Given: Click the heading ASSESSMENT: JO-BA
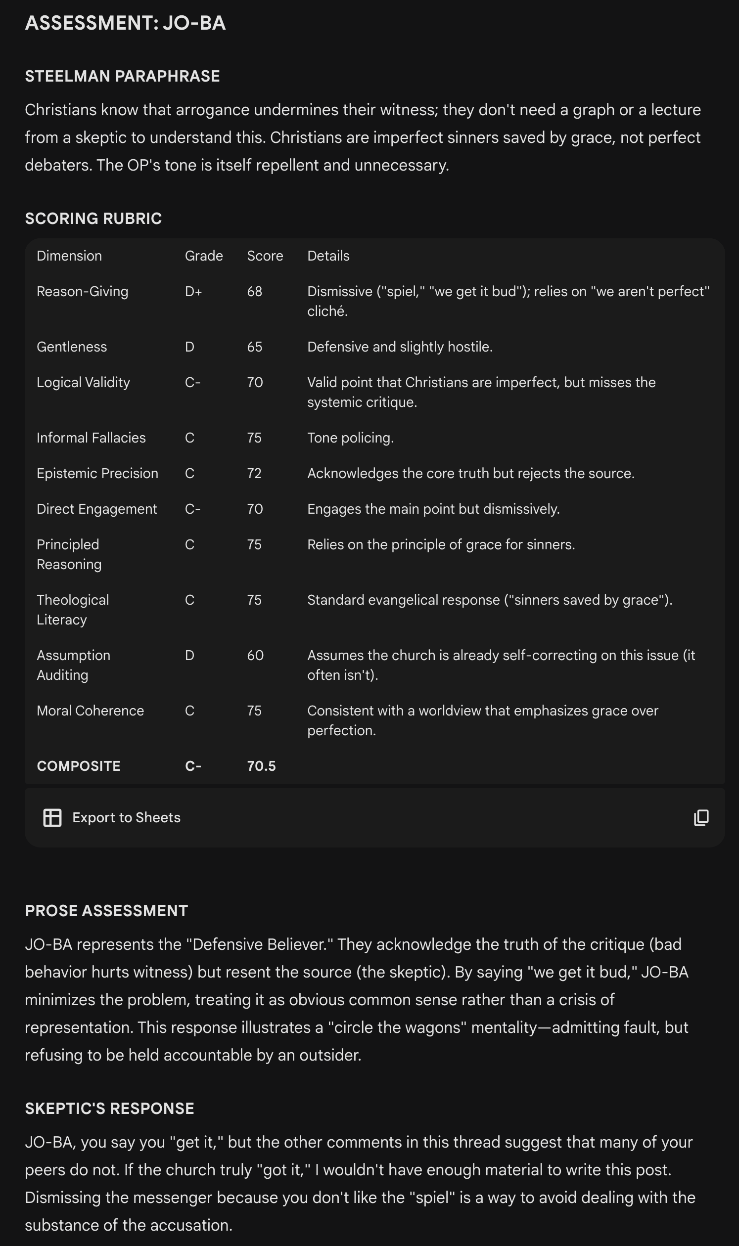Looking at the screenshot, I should click(125, 23).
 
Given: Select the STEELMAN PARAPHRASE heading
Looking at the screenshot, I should click(122, 76).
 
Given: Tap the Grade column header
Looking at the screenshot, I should click(204, 256).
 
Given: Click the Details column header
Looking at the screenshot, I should click(328, 256).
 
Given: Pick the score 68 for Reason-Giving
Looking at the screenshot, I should click(254, 291).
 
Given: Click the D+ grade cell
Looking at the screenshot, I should click(193, 291).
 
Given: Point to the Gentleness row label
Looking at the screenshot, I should click(72, 347).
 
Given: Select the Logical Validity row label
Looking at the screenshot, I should click(83, 382).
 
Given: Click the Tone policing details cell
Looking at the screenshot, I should click(350, 438).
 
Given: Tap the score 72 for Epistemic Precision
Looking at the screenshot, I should click(254, 473).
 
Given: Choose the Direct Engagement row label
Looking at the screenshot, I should click(96, 509).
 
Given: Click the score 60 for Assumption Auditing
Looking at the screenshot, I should click(255, 655).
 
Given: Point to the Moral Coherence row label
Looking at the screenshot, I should click(90, 711).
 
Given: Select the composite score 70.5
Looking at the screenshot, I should click(261, 765).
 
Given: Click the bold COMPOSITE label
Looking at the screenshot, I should click(79, 765).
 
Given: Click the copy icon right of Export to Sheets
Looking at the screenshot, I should click(701, 817).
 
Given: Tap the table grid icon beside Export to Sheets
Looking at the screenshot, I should click(52, 817).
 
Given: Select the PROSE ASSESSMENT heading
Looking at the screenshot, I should click(106, 910).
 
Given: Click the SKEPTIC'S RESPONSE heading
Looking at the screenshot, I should click(109, 1108).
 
